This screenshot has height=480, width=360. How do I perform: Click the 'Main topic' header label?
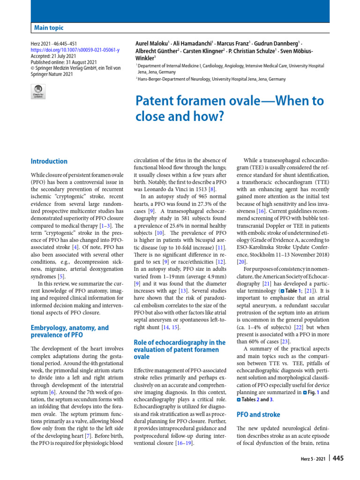pyautogui.click(x=49, y=28)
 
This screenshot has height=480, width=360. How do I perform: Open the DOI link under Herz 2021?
pyautogui.click(x=75, y=50)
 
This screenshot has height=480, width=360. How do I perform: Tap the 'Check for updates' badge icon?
pyautogui.click(x=38, y=91)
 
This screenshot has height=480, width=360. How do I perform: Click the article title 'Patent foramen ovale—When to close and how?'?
pyautogui.click(x=229, y=108)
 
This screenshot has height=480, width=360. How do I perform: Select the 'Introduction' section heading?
pyautogui.click(x=49, y=161)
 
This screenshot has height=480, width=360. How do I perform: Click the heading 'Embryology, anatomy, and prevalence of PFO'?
pyautogui.click(x=69, y=331)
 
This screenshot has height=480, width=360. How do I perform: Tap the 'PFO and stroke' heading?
pyautogui.click(x=258, y=414)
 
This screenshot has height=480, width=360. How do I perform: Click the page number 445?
pyautogui.click(x=338, y=458)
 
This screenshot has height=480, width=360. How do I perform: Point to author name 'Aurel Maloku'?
pyautogui.click(x=154, y=43)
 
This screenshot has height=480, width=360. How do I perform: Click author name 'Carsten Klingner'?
pyautogui.click(x=205, y=51)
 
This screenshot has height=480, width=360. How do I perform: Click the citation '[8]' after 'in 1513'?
pyautogui.click(x=211, y=189)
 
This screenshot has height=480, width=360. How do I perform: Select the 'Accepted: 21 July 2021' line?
pyautogui.click(x=50, y=56)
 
